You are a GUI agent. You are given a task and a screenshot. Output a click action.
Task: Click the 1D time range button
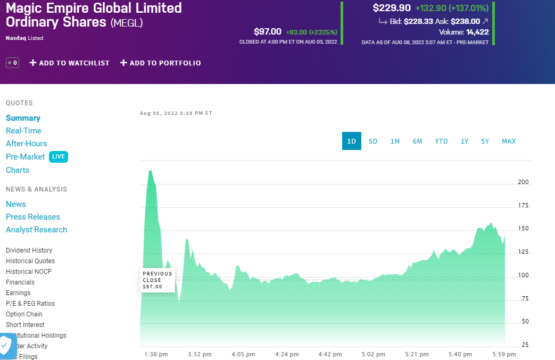coord(351,141)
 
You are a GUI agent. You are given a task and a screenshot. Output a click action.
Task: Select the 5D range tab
coord(373,141)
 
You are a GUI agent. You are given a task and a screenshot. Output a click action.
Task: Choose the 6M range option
coord(417,141)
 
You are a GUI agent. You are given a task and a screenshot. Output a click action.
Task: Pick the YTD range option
coord(441,141)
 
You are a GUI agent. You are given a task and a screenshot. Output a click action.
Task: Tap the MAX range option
coord(509,141)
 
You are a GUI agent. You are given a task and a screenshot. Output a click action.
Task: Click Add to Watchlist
coord(69,63)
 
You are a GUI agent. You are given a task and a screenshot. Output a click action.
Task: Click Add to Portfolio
coord(160,63)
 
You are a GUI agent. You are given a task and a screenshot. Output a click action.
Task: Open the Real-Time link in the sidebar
coord(23,131)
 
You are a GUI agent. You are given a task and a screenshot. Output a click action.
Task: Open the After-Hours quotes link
coord(26,144)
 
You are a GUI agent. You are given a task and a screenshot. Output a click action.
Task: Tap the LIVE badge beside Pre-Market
coord(59,157)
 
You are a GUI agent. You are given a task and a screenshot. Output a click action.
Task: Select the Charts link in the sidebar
coord(18,170)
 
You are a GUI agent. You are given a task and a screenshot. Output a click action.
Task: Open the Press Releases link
coord(33,217)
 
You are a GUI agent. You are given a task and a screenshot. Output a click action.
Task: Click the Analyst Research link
coord(36,230)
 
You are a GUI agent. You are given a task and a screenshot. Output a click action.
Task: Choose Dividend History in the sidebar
coord(29,250)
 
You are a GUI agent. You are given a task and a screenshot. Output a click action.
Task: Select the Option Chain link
coord(24,314)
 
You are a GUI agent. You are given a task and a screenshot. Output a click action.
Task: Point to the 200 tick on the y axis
coord(524,182)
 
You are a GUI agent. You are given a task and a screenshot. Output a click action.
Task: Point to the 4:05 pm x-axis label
coord(243,354)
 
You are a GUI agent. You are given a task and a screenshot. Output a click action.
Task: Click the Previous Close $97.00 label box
coord(158,280)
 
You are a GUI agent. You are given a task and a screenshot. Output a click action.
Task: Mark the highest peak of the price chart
coord(150,171)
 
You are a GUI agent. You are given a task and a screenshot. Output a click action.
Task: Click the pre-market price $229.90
coord(392,8)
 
